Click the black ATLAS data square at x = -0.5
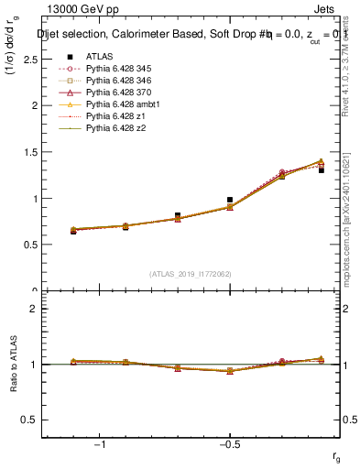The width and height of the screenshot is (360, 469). (x=230, y=199)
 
